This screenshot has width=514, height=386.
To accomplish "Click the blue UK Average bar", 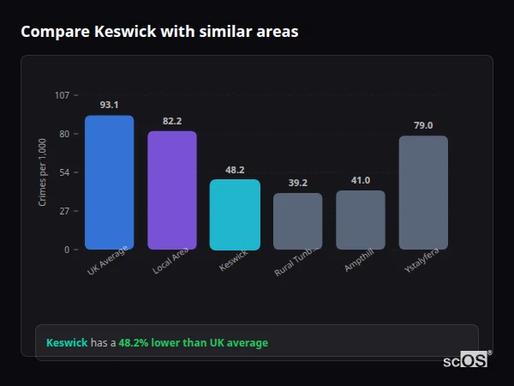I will click(x=109, y=183).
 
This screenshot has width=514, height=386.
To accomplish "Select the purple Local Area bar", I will click(x=172, y=190).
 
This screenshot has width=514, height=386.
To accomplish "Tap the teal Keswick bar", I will click(x=235, y=214).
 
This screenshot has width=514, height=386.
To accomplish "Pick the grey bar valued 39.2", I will click(x=298, y=221).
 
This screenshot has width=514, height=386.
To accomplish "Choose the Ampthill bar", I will click(x=361, y=220).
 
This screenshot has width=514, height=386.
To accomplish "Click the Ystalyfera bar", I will click(x=423, y=192).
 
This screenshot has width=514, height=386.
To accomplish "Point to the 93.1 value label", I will click(x=109, y=105).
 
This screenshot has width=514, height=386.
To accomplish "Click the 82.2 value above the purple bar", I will click(x=172, y=121).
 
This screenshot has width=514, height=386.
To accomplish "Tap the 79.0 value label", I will click(x=423, y=125).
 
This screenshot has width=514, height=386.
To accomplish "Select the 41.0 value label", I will click(x=361, y=180).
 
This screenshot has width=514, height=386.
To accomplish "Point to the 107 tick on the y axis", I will click(x=62, y=94).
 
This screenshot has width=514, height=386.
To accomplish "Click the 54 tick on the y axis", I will click(x=64, y=172).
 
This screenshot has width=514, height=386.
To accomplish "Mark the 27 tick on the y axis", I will click(x=64, y=211).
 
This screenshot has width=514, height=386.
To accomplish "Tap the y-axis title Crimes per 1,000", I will click(x=43, y=172).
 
